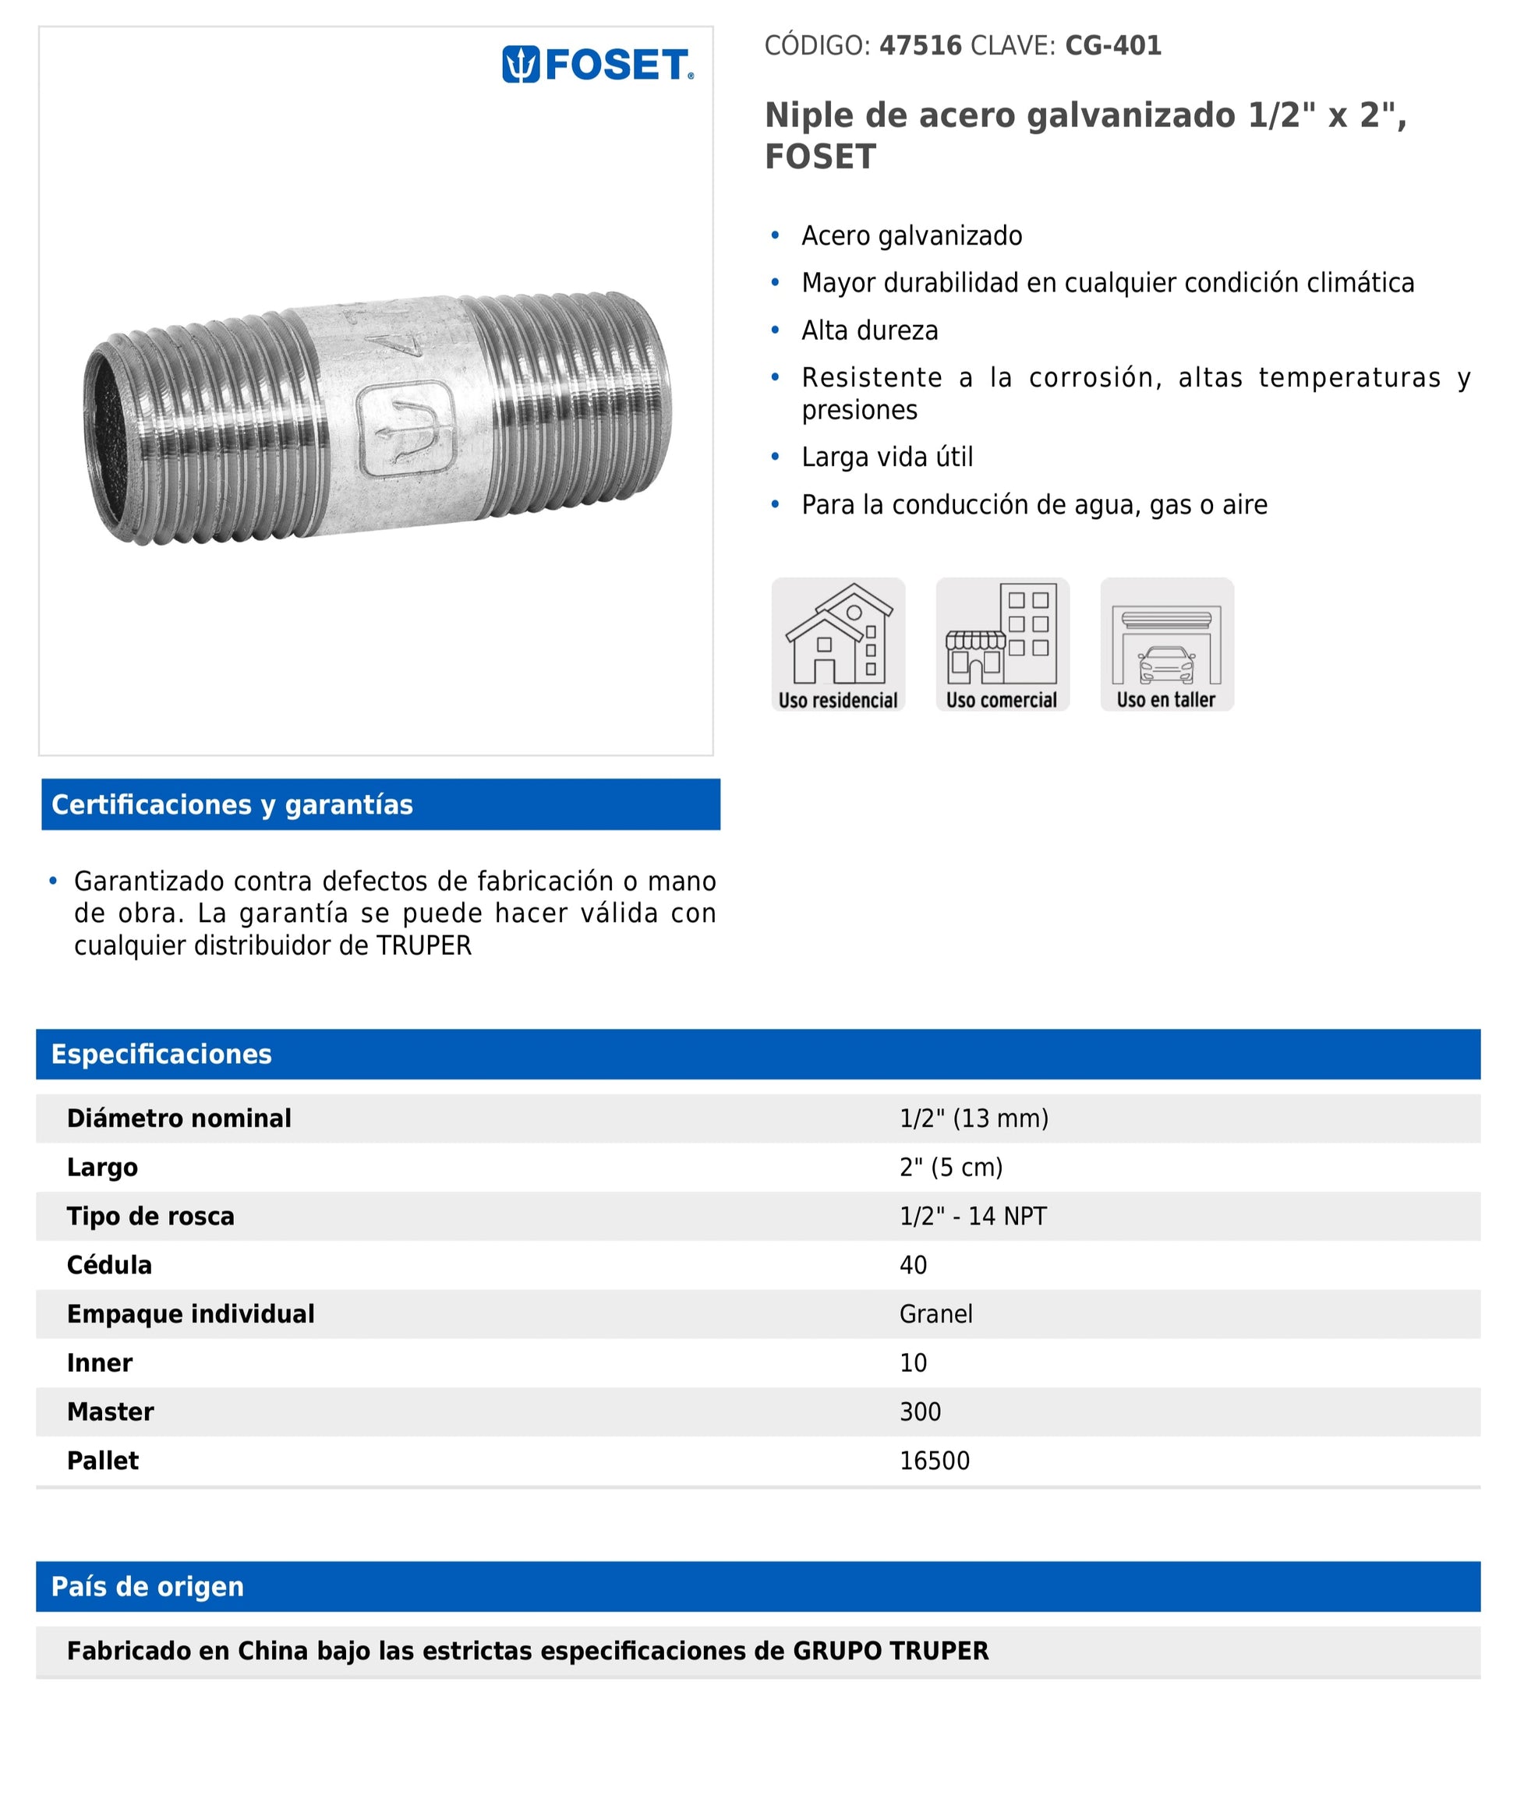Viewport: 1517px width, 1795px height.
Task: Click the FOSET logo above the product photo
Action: pyautogui.click(x=597, y=65)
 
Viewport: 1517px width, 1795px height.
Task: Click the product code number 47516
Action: pyautogui.click(x=920, y=45)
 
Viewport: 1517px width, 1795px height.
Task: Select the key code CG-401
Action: pyautogui.click(x=1113, y=45)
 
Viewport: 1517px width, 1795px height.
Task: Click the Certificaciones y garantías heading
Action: pyautogui.click(x=232, y=804)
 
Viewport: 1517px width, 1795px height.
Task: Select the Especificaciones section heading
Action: pyautogui.click(x=161, y=1054)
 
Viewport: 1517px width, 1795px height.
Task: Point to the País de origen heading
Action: pyautogui.click(x=148, y=1586)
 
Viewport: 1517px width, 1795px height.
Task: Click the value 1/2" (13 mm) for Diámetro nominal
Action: pyautogui.click(x=974, y=1118)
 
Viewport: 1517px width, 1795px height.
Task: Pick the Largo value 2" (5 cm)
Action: pyautogui.click(x=951, y=1168)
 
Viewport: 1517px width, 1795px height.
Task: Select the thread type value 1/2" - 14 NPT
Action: pyautogui.click(x=973, y=1217)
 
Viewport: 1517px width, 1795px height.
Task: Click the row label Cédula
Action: pyautogui.click(x=109, y=1266)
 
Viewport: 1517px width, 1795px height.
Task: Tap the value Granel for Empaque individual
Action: pyautogui.click(x=935, y=1314)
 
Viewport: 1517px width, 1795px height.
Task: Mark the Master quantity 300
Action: pyautogui.click(x=920, y=1412)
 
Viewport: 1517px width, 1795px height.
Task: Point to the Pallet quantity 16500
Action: pyautogui.click(x=934, y=1461)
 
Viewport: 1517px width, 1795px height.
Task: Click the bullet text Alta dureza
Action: pyautogui.click(x=869, y=331)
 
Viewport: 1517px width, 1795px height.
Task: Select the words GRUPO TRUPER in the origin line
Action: pyautogui.click(x=890, y=1651)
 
